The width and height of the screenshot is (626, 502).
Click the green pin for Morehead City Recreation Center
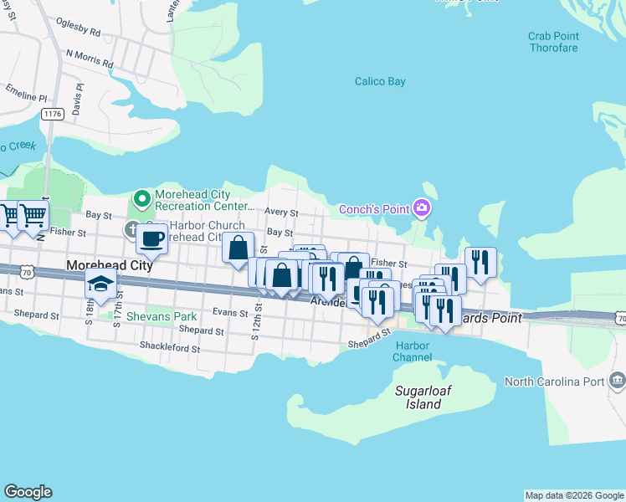(141, 200)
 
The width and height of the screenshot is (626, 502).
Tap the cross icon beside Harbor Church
(132, 228)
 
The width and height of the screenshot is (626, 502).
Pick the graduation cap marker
(100, 284)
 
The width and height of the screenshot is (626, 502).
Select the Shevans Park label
(162, 317)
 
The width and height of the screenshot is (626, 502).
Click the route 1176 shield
(54, 113)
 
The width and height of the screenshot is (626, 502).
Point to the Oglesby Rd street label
(77, 28)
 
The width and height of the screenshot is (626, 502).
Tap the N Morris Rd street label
(95, 57)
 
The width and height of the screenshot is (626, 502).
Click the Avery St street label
(281, 213)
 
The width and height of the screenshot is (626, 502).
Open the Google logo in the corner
(28, 492)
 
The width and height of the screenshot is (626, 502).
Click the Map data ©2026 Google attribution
(574, 495)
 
